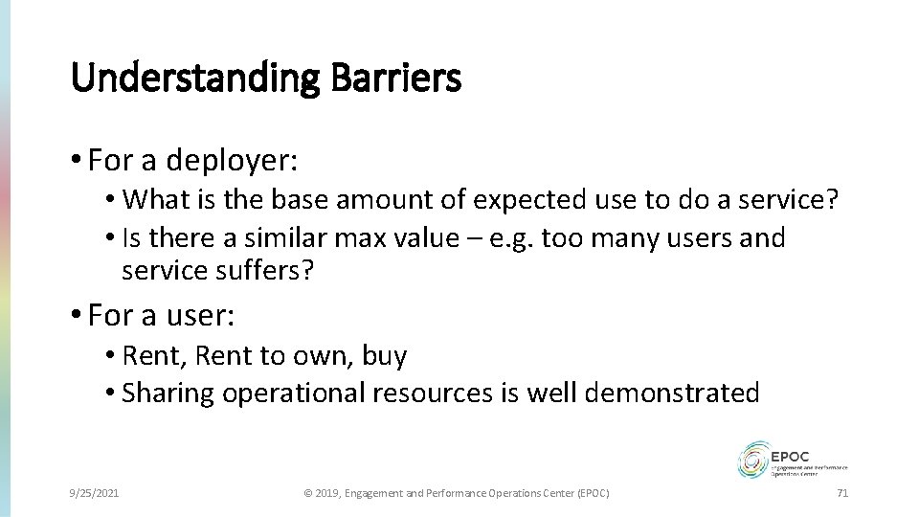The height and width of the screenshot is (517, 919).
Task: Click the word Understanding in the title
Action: (194, 78)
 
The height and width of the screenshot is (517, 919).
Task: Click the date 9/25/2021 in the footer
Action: (95, 492)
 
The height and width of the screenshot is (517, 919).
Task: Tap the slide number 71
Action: (842, 492)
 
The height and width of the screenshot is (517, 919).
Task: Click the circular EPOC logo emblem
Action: (753, 461)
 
